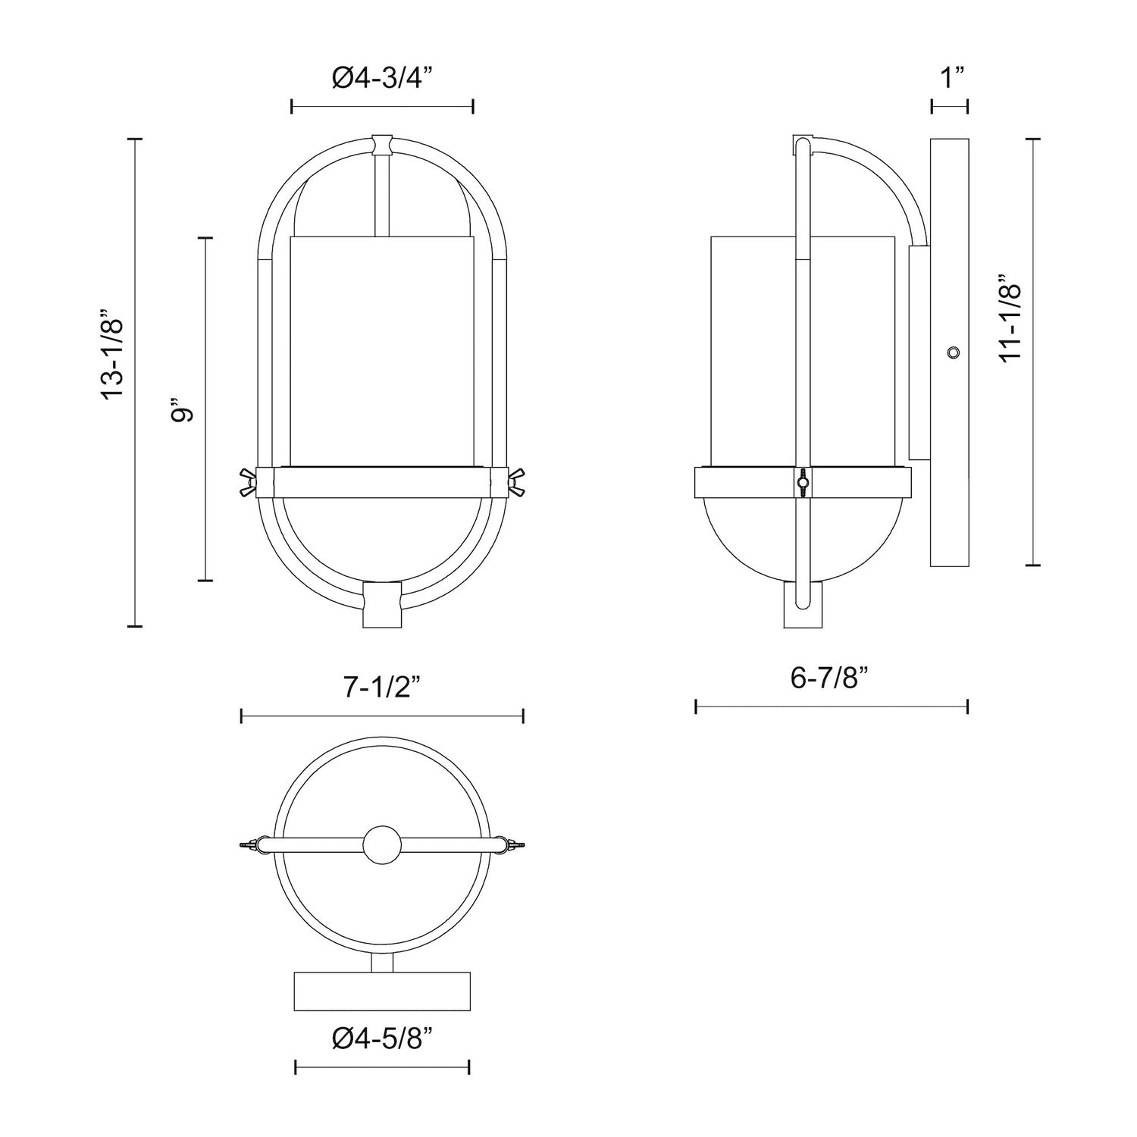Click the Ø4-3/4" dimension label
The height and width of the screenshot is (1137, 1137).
382,78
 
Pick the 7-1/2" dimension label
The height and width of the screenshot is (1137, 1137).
381,687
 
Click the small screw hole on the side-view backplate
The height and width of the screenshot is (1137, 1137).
953,352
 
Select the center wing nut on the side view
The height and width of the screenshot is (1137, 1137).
802,481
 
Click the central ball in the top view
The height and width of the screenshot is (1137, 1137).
382,844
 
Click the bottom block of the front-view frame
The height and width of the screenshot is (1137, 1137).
383,605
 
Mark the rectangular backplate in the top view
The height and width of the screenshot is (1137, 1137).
382,990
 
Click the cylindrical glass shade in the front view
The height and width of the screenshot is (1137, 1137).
383,349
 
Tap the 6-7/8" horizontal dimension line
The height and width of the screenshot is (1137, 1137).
832,707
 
